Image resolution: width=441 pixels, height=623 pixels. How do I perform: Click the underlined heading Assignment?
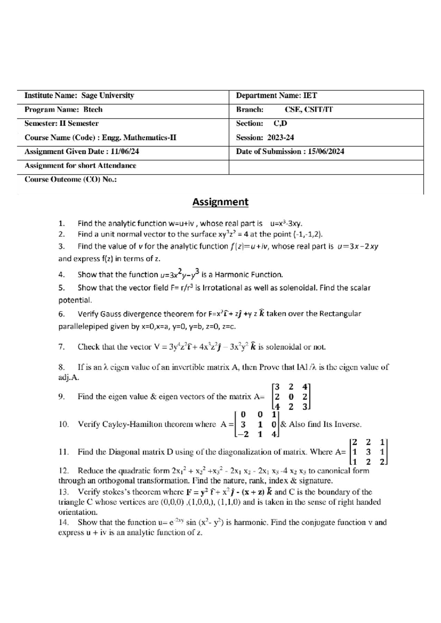(220, 202)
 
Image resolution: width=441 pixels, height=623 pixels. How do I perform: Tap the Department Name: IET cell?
(276, 96)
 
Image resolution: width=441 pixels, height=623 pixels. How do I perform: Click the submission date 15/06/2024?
(326, 151)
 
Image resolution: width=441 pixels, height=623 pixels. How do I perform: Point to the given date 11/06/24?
(125, 151)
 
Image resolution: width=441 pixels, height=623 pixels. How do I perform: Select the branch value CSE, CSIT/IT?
(309, 109)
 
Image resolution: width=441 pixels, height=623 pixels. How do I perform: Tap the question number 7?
(61, 347)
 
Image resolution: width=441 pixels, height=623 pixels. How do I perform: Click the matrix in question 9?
(291, 397)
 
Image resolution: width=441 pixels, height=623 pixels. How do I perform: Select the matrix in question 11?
(368, 452)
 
